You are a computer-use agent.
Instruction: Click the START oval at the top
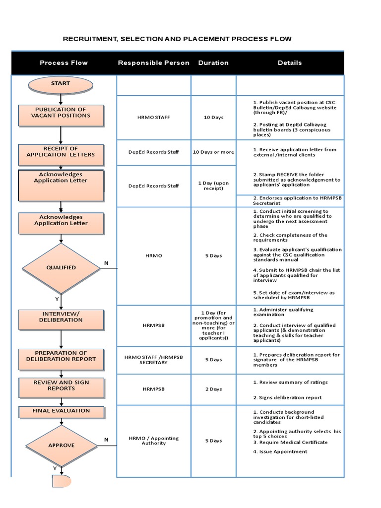(x=61, y=84)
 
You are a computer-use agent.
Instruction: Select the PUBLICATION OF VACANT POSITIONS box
(x=61, y=115)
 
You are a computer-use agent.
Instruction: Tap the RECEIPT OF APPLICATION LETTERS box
(x=61, y=154)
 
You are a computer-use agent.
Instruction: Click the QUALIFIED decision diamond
(x=61, y=268)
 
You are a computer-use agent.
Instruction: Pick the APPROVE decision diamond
(x=61, y=445)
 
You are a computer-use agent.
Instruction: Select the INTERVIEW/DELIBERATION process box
(x=61, y=319)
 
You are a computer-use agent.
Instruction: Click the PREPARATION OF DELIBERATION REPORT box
(x=61, y=359)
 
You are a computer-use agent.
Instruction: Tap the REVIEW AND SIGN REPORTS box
(x=61, y=387)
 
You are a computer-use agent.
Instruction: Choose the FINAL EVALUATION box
(x=61, y=411)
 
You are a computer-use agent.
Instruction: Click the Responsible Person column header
(x=153, y=63)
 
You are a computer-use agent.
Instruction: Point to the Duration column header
(x=213, y=63)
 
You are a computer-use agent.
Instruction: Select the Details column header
(x=290, y=63)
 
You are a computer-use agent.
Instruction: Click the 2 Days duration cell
(x=213, y=389)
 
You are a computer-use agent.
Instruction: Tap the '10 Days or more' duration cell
(x=213, y=152)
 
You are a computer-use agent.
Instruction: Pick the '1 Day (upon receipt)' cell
(x=213, y=186)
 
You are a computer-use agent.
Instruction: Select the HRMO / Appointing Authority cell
(x=153, y=441)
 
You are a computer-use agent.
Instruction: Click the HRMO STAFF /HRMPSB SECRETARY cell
(x=153, y=360)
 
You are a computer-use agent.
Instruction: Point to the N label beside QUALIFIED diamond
(x=106, y=263)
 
